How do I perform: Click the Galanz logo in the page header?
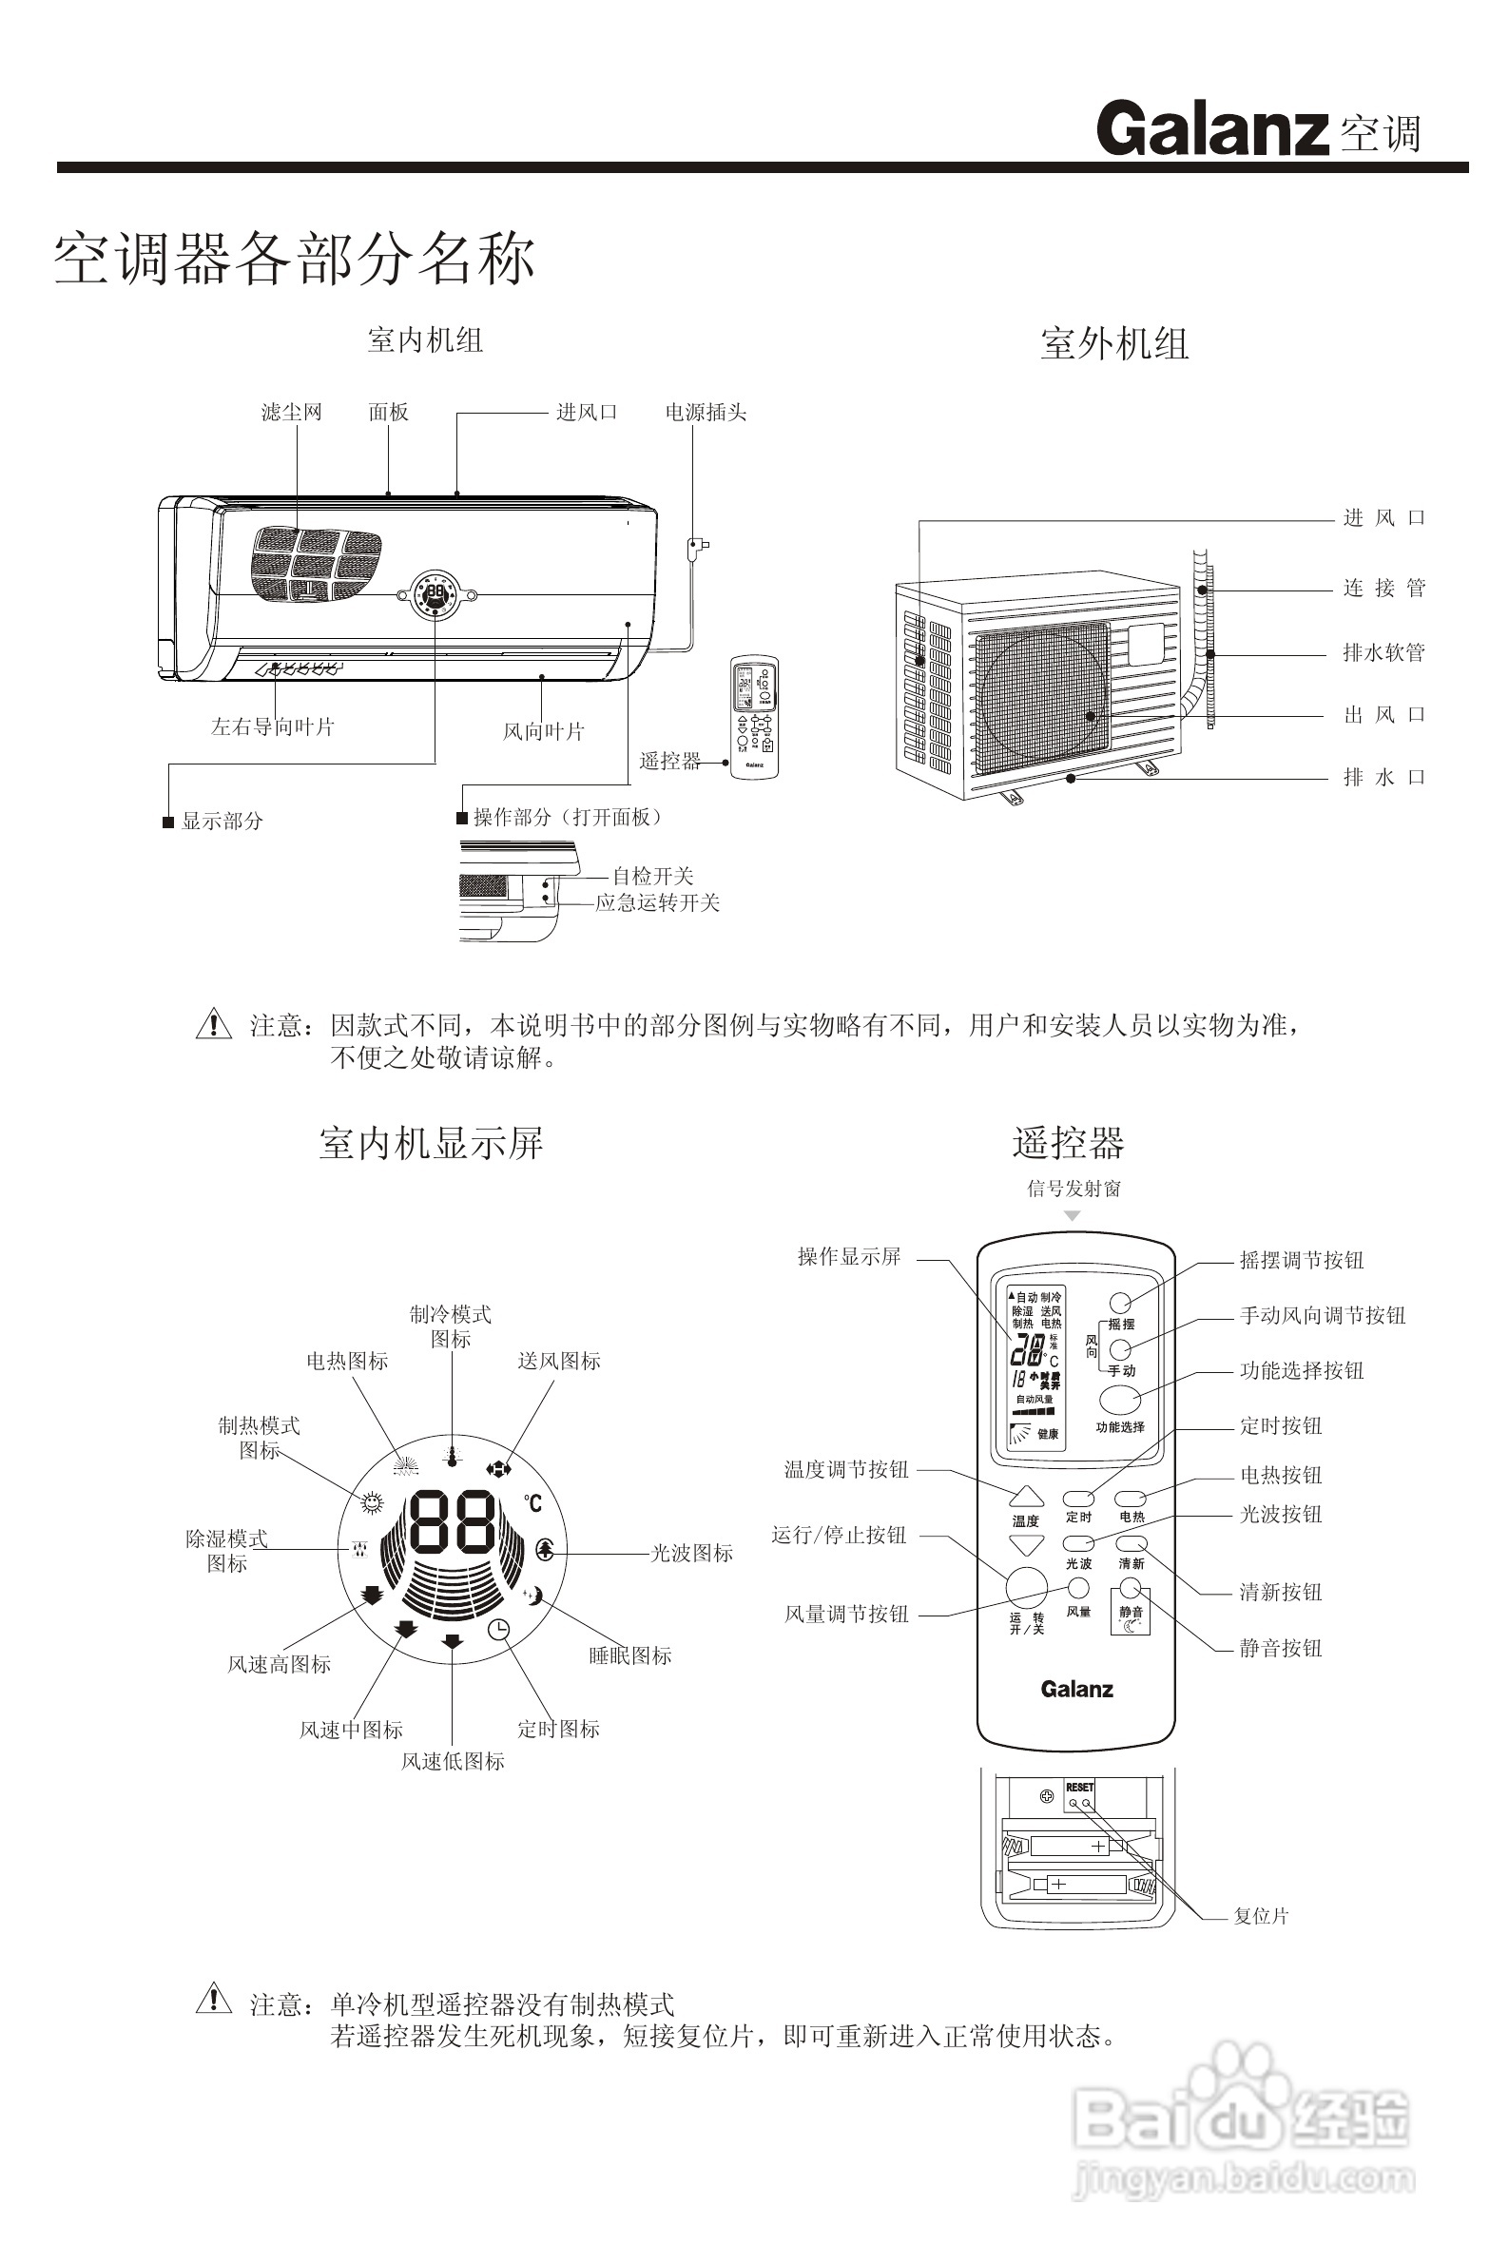coord(1212,129)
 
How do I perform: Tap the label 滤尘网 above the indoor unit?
coord(292,413)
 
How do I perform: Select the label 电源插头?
coord(706,413)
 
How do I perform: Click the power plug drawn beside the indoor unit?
coord(696,548)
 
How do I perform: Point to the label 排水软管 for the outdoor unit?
coord(1383,653)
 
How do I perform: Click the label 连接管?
coord(1383,588)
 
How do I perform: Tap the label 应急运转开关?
coord(657,903)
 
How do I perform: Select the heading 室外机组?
coord(1114,344)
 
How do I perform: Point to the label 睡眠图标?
coord(630,1655)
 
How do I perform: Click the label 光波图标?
coord(692,1553)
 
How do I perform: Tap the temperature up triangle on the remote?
coord(1026,1498)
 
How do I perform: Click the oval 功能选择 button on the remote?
coord(1120,1400)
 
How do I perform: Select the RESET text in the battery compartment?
coord(1080,1788)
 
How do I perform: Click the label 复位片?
coord(1261,1916)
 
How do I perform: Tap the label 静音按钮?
coord(1280,1648)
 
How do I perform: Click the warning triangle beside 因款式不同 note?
coord(214,1024)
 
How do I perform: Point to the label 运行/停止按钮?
coord(839,1536)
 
